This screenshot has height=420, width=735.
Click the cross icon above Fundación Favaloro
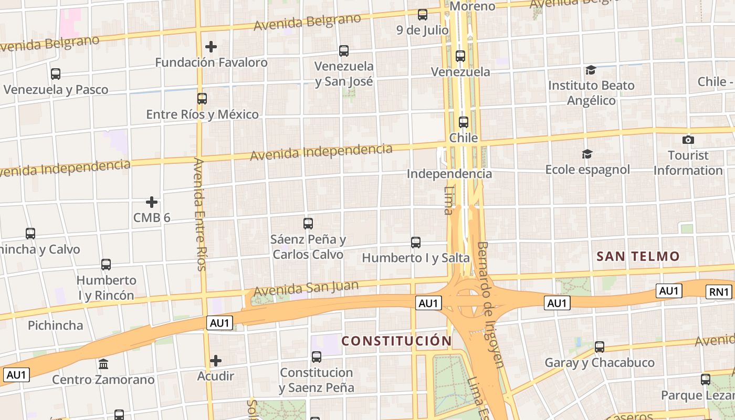click(211, 47)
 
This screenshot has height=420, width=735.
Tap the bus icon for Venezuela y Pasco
click(56, 74)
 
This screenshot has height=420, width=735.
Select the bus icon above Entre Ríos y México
click(202, 99)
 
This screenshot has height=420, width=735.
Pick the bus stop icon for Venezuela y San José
click(344, 51)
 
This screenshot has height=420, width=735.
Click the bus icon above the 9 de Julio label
click(423, 15)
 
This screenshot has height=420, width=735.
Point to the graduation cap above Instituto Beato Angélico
click(591, 70)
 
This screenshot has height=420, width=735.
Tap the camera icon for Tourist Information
click(688, 140)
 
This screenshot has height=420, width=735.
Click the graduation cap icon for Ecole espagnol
click(587, 154)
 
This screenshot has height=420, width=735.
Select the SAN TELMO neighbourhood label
click(638, 257)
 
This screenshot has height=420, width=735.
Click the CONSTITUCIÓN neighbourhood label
click(396, 341)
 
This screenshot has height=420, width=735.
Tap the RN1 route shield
click(719, 292)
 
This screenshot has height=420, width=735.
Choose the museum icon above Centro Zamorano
click(103, 364)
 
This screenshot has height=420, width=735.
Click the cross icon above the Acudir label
click(216, 361)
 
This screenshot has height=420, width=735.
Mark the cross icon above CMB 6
click(152, 202)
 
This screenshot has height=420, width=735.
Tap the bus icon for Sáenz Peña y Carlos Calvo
click(308, 224)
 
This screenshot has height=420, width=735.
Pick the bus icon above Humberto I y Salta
click(416, 243)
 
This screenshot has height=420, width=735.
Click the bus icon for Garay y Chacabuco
click(600, 347)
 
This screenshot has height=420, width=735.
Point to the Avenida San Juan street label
click(306, 288)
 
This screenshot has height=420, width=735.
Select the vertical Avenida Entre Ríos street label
click(199, 214)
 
